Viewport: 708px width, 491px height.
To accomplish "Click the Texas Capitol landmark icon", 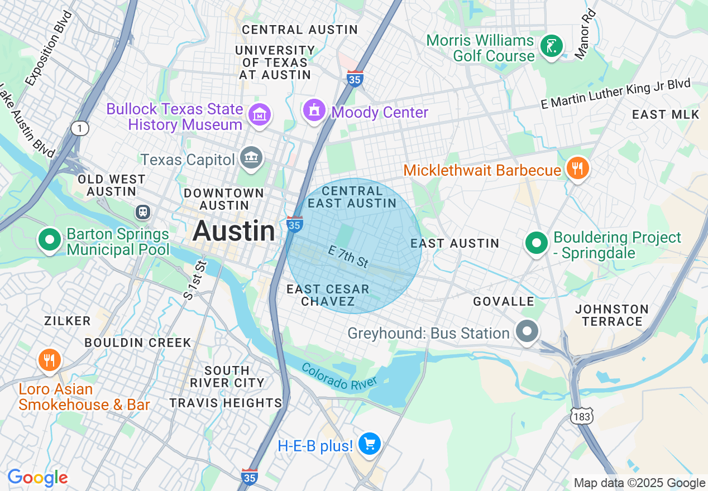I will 251,158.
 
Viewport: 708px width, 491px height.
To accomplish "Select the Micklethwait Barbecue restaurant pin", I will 577,168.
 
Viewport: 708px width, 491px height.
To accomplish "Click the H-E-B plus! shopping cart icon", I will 369,444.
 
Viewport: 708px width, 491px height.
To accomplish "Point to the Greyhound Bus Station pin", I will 527,331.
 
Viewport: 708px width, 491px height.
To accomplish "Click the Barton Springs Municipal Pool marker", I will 49,240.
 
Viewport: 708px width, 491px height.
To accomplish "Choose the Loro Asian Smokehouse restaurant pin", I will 50,360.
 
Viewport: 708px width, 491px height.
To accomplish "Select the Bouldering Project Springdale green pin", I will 537,243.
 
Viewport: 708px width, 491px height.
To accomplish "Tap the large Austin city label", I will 235,231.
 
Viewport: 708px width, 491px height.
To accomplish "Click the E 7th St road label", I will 348,258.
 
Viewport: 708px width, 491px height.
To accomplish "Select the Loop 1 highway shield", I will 80,129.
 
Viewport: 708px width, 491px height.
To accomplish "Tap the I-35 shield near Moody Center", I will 355,79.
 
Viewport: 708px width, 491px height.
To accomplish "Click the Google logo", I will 37,478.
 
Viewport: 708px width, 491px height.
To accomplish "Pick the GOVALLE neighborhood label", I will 504,302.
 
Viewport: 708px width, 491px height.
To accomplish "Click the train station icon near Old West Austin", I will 143,212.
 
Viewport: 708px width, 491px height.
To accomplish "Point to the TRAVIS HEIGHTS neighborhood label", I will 226,402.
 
